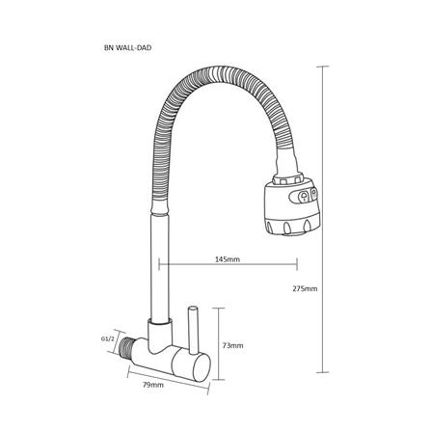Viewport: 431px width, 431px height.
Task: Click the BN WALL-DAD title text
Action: pos(127,48)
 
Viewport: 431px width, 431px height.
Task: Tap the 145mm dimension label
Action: pos(228,259)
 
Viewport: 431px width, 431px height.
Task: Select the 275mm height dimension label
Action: pos(305,288)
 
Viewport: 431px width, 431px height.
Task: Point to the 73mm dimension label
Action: pos(232,345)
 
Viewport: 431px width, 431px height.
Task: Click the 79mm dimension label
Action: pos(153,385)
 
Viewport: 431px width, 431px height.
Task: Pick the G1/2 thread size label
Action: pos(108,338)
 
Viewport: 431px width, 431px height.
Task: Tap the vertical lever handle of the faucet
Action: pos(193,330)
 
